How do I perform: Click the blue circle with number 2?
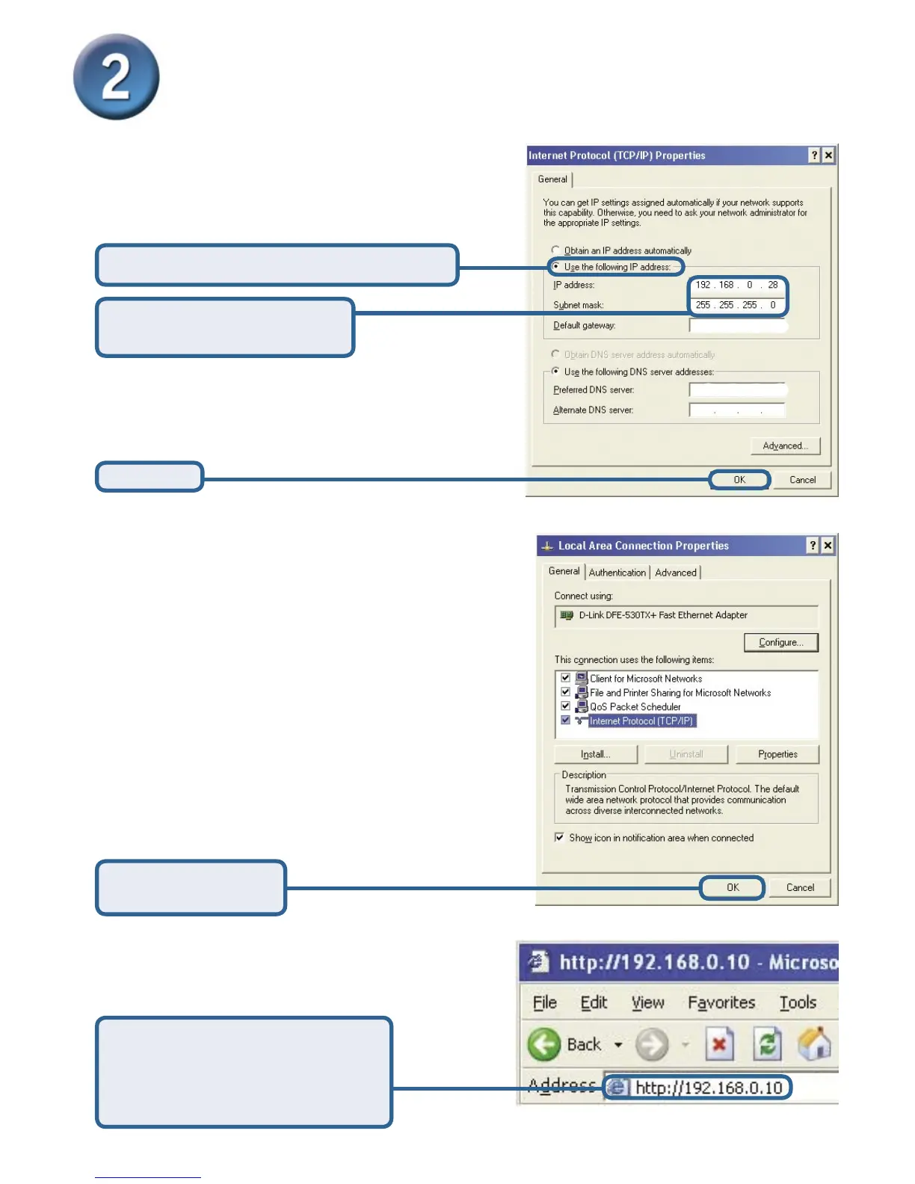coord(116,76)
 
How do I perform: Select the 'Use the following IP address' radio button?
coord(555,266)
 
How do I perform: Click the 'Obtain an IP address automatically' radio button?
coord(555,250)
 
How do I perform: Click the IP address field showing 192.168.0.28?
coord(736,285)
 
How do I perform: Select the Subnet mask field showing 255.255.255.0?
coord(736,305)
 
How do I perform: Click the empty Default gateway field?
coord(736,326)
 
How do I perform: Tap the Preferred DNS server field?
coord(736,390)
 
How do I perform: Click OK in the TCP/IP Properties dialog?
coord(739,480)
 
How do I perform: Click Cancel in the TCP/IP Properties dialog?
coord(802,480)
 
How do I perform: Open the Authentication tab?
coord(617,573)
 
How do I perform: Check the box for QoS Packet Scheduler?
coord(566,706)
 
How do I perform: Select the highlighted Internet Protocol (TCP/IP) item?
coord(641,721)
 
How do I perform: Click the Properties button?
coord(777,754)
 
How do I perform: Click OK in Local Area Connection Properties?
coord(733,888)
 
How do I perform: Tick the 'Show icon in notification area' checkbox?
coord(559,838)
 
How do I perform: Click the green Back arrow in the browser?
coord(544,1044)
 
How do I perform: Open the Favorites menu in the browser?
coord(721,1002)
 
